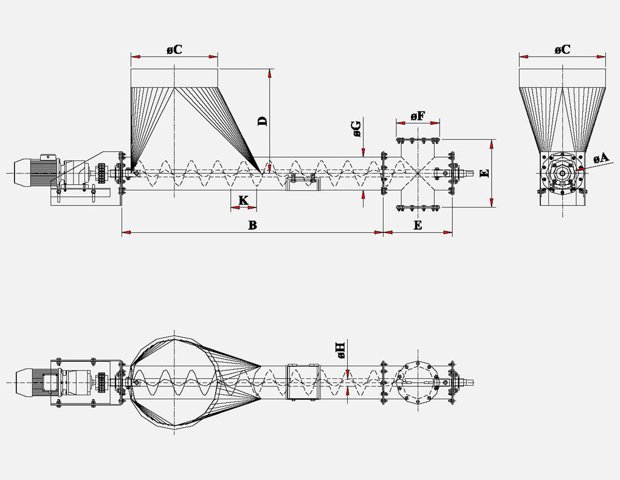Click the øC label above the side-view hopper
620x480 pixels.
174,50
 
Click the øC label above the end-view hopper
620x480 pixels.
562,50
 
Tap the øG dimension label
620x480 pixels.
356,128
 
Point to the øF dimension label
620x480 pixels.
418,116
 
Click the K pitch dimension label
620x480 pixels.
243,200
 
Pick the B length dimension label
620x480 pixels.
252,225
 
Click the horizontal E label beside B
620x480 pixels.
418,225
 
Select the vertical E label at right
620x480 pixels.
484,173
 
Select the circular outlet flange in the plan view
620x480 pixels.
418,382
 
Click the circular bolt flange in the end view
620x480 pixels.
562,174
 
